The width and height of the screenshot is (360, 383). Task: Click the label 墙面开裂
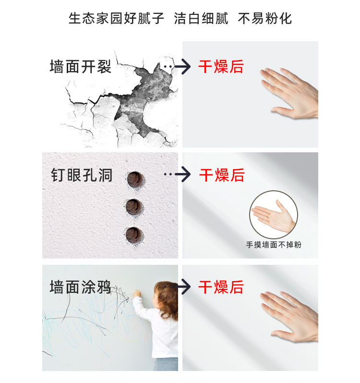(x=81, y=66)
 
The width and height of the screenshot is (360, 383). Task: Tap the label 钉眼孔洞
(x=82, y=175)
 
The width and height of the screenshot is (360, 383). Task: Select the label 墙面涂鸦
(x=81, y=287)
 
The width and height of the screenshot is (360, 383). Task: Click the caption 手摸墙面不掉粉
(x=274, y=245)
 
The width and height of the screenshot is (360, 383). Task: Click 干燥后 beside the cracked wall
(x=221, y=66)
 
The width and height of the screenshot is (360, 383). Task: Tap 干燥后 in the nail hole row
(x=222, y=175)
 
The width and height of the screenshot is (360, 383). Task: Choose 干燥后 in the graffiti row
(x=221, y=287)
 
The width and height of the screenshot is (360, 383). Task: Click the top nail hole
(x=135, y=179)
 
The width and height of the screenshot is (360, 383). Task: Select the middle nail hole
(x=134, y=207)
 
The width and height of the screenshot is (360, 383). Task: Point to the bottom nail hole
(x=134, y=235)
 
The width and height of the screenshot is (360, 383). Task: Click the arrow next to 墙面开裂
(x=177, y=66)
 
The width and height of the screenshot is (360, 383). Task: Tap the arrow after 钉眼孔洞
(x=177, y=174)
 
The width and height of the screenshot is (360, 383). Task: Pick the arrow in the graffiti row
(x=177, y=286)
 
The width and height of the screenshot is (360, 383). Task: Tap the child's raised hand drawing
(x=137, y=293)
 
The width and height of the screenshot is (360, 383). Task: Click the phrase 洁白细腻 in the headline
(x=201, y=19)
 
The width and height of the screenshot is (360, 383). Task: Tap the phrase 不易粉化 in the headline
(x=265, y=19)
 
